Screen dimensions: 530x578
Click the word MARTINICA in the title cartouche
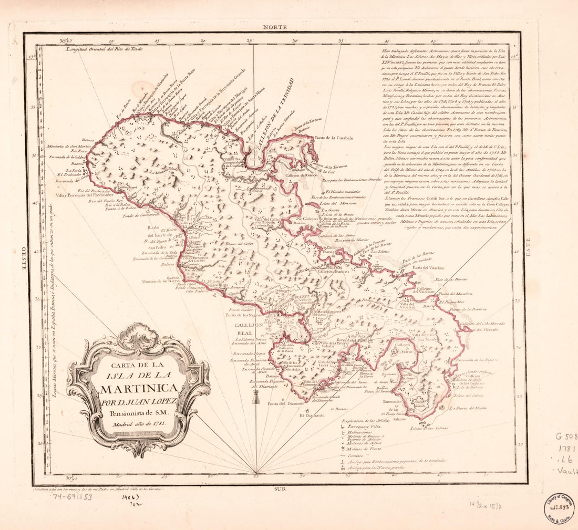[x=138, y=389]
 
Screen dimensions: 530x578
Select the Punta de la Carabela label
[x=334, y=138]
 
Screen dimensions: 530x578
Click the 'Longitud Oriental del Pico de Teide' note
[x=104, y=48]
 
